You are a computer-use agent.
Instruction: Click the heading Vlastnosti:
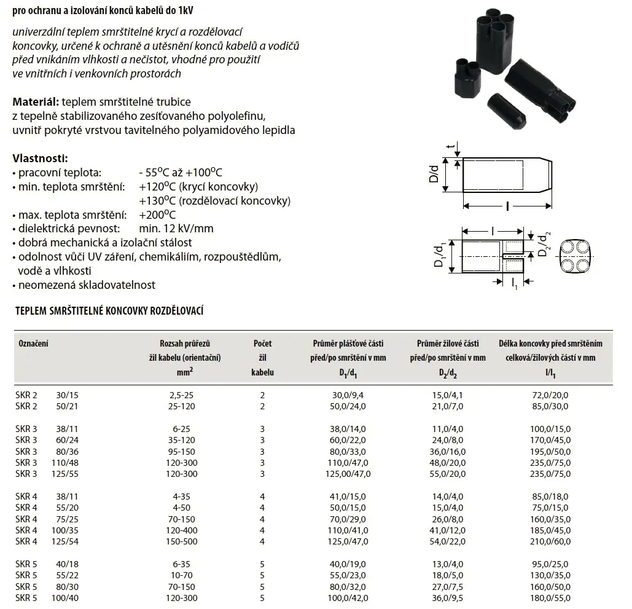(x=40, y=159)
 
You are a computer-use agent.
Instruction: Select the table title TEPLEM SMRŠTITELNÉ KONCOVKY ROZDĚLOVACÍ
(x=109, y=312)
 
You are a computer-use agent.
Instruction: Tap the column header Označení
(x=32, y=344)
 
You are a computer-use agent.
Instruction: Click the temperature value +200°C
(x=157, y=215)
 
